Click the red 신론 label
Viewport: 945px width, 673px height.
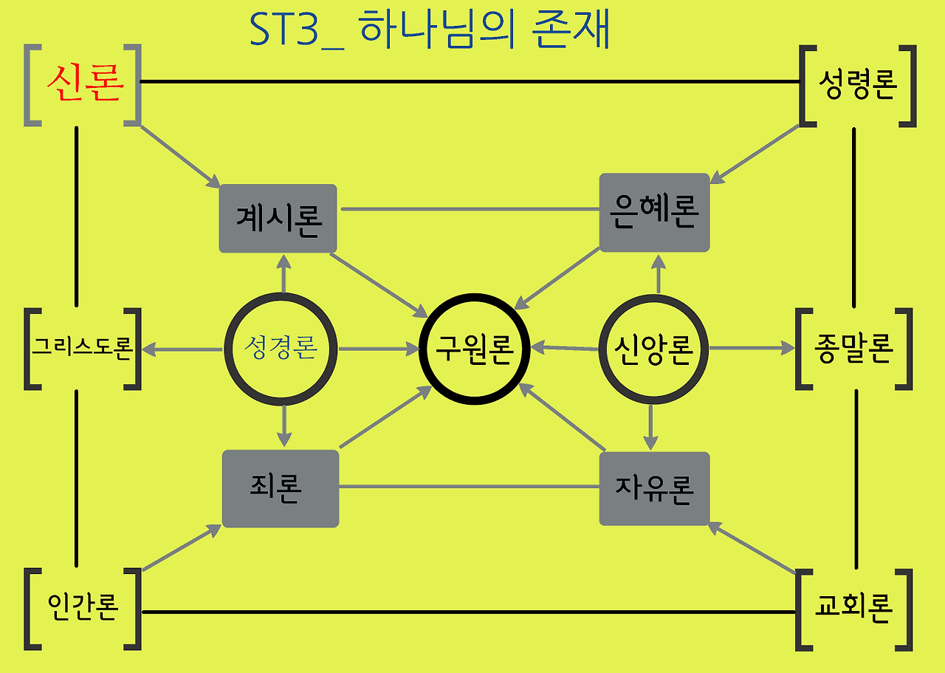[x=84, y=86]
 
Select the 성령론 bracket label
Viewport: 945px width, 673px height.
[x=857, y=86]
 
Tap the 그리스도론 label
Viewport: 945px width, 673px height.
[x=81, y=347]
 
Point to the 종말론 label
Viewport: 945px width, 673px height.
[x=854, y=348]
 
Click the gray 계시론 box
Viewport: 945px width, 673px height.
[x=278, y=219]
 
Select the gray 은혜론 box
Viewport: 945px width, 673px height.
[x=654, y=213]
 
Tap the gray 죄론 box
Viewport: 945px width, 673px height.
[x=281, y=488]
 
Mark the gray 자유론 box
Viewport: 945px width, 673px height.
[x=654, y=488]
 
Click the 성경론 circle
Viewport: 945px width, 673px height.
[x=281, y=347]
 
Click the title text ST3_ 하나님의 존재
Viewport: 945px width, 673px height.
[x=430, y=31]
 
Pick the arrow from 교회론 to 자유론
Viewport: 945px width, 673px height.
[x=752, y=548]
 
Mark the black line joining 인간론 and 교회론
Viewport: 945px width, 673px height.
[x=469, y=612]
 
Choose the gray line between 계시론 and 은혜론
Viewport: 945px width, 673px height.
[x=470, y=209]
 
